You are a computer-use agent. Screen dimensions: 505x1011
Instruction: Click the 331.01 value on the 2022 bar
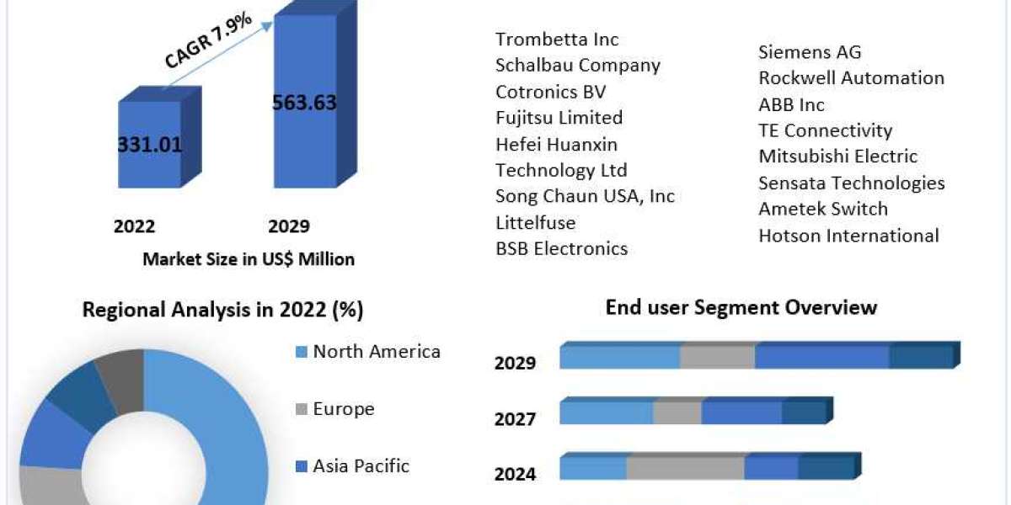[149, 143]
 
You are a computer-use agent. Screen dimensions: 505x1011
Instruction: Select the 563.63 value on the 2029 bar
[304, 103]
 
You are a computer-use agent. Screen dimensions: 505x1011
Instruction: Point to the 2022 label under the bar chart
[135, 226]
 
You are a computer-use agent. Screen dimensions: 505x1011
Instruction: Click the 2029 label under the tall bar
[289, 226]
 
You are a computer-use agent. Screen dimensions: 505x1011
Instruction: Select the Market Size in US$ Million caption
[249, 259]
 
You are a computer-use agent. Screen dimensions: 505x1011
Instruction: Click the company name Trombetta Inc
[557, 39]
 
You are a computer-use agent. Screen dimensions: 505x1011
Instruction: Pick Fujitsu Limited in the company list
[559, 117]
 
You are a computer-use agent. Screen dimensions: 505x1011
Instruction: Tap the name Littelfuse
[535, 222]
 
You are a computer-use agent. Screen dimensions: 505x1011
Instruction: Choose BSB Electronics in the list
[561, 248]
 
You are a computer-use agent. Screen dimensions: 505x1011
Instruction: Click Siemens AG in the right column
[810, 52]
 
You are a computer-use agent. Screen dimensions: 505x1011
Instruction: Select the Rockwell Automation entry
[851, 78]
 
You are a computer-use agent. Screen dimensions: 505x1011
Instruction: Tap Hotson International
[848, 236]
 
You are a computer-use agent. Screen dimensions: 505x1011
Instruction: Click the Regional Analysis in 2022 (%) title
[222, 310]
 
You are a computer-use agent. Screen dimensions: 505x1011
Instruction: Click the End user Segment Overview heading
[741, 307]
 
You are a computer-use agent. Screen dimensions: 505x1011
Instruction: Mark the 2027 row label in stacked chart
[515, 418]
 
